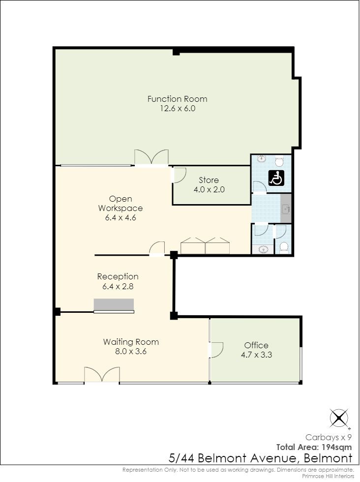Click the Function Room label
[178, 99]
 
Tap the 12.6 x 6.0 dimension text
[178, 109]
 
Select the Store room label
[209, 180]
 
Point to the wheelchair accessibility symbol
[276, 178]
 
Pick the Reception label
[118, 276]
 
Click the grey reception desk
[114, 304]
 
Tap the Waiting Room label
[131, 342]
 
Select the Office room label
[256, 345]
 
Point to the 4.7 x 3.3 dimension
[256, 355]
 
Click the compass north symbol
[339, 418]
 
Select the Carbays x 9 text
[329, 437]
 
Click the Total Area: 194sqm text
[314, 447]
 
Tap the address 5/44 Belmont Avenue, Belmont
[260, 458]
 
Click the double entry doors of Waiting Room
[102, 375]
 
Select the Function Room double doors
[151, 157]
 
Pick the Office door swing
[216, 350]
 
